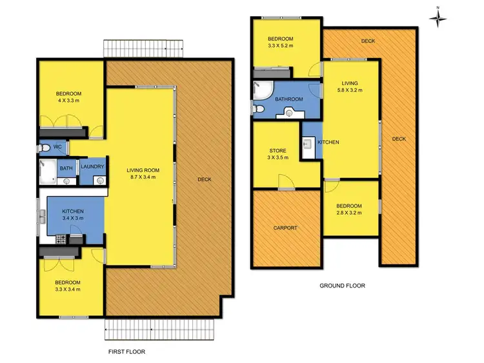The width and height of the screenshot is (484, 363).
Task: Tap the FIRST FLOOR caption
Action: (x=126, y=352)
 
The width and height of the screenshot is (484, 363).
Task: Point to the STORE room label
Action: (x=278, y=152)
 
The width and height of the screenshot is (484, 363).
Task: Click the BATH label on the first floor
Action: (x=66, y=169)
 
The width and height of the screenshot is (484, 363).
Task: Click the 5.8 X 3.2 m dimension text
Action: (x=349, y=90)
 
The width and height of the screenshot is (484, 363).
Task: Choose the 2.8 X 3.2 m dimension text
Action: (x=348, y=213)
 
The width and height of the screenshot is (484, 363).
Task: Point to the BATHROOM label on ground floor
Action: (x=289, y=99)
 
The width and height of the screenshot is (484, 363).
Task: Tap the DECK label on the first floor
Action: (x=204, y=179)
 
